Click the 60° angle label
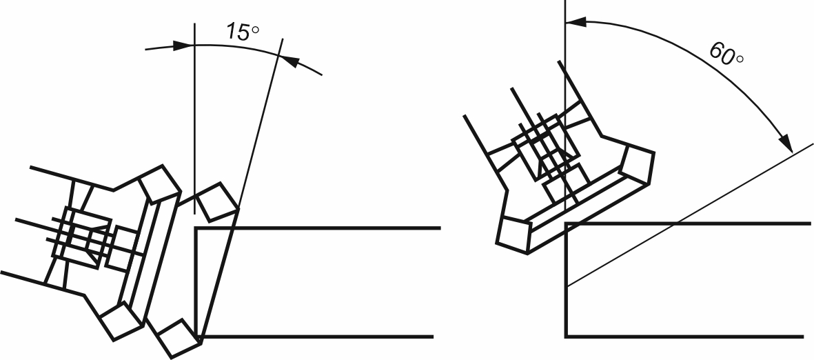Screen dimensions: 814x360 click(x=726, y=54)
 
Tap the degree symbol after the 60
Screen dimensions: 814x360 click(x=740, y=59)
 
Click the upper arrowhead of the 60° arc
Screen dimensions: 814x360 click(x=576, y=22)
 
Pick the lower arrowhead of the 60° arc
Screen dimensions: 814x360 click(x=786, y=142)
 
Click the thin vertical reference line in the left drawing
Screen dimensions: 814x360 click(x=194, y=119)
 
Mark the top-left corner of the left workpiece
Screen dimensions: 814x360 click(x=196, y=228)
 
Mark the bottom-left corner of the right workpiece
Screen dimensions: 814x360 click(x=567, y=337)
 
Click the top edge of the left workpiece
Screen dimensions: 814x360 click(x=318, y=228)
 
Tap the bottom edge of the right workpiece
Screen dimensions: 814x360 click(x=685, y=337)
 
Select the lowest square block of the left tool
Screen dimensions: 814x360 click(x=179, y=338)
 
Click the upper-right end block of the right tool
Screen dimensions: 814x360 click(x=638, y=163)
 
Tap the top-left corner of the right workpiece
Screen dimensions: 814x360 click(x=567, y=223)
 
